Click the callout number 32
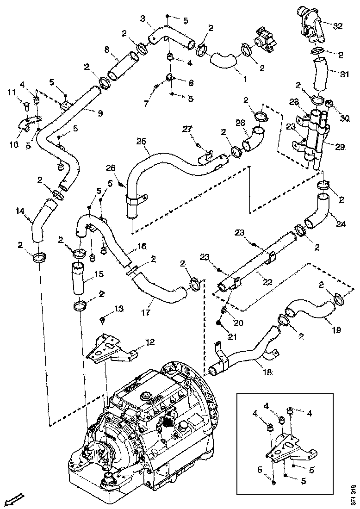[338, 26]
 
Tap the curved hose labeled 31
[319, 76]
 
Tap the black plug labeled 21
[218, 322]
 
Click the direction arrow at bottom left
[16, 499]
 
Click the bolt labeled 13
[103, 319]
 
